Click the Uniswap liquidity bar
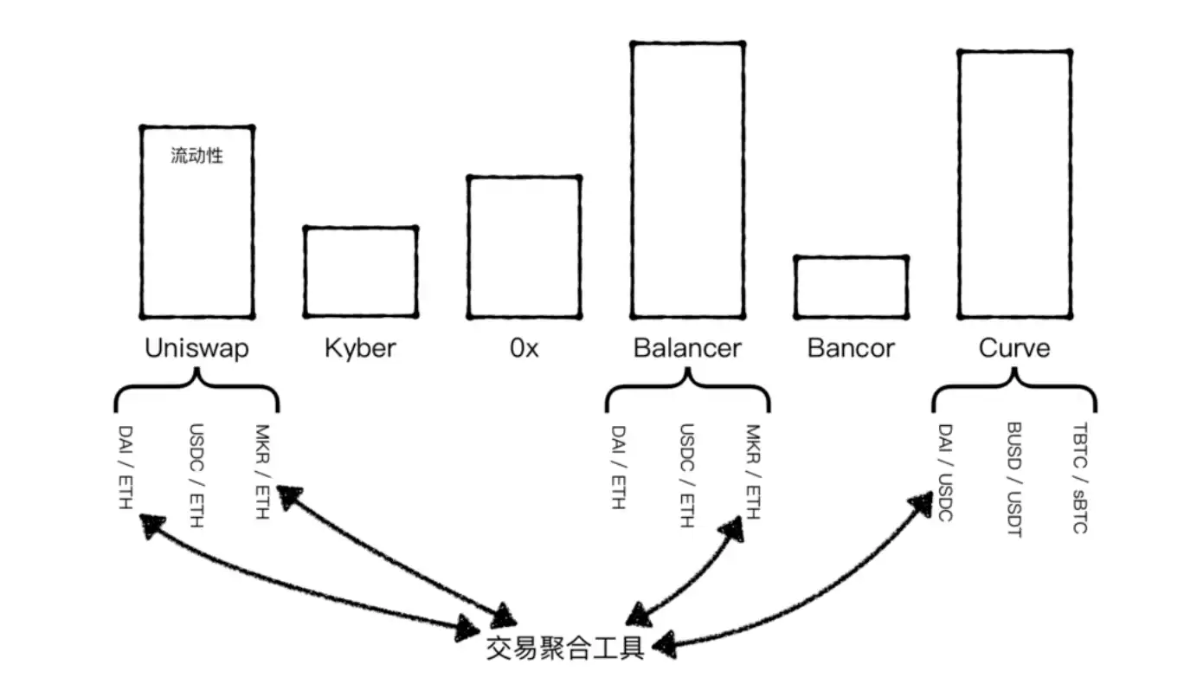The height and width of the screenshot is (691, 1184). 197,222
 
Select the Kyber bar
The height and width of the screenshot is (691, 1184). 360,272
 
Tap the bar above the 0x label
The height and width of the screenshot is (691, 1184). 524,247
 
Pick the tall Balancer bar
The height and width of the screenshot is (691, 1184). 687,179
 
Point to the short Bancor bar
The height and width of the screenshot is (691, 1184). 851,287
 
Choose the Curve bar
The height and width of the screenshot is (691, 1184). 1014,184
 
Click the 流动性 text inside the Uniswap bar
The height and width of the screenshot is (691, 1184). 197,157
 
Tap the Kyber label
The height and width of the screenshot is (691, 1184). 360,348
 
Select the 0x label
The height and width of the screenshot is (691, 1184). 524,348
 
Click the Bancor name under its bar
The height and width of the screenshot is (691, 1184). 851,348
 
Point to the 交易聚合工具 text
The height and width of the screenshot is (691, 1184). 565,648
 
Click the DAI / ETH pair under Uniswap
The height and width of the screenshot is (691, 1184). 126,467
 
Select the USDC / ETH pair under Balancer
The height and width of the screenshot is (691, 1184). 687,475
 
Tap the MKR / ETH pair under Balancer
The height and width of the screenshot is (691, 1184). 753,472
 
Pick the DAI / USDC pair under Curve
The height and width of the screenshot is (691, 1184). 945,473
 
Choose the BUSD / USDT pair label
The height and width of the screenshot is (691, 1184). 1013,480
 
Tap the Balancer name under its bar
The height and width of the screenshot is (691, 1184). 687,348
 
